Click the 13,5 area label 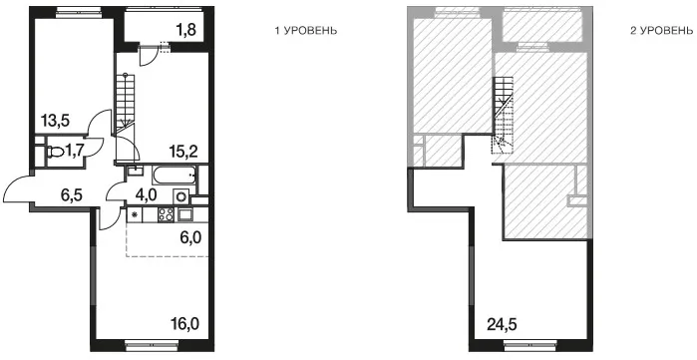pyautogui.click(x=56, y=120)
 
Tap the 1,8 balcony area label pyautogui.click(x=186, y=30)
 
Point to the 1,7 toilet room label pyautogui.click(x=76, y=153)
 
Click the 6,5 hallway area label pyautogui.click(x=73, y=195)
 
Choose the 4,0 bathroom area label pyautogui.click(x=148, y=195)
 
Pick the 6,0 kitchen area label pyautogui.click(x=191, y=237)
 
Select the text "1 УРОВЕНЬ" pyautogui.click(x=305, y=31)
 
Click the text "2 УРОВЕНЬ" pyautogui.click(x=661, y=31)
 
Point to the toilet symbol pyautogui.click(x=55, y=153)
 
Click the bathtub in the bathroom pyautogui.click(x=174, y=176)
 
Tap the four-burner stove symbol pyautogui.click(x=166, y=214)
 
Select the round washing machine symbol pyautogui.click(x=181, y=196)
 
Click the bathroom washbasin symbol pyautogui.click(x=135, y=171)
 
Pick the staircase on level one pyautogui.click(x=125, y=104)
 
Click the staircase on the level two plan pyautogui.click(x=504, y=115)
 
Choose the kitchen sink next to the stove pyautogui.click(x=184, y=214)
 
